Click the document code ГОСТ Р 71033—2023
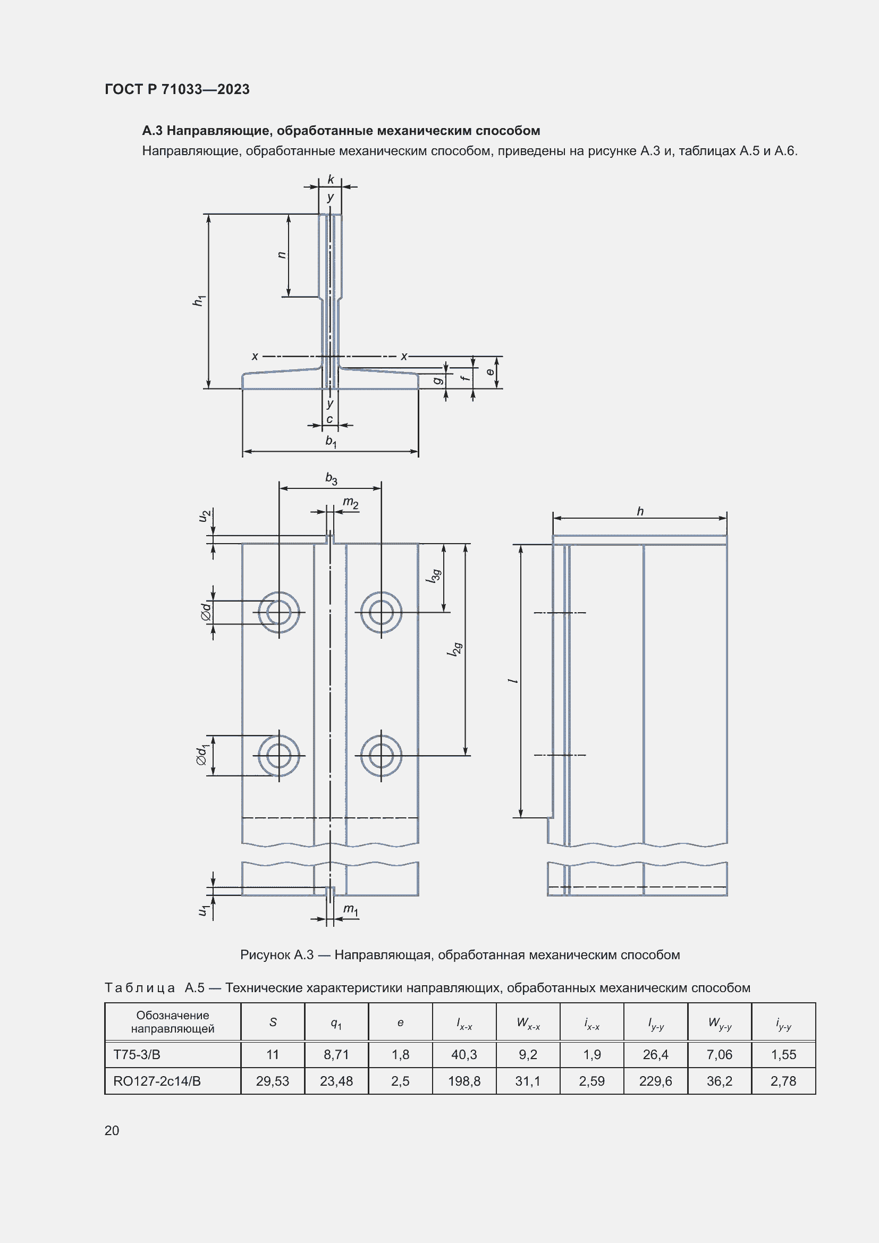(177, 89)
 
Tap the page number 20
(112, 1130)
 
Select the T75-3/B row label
(137, 1054)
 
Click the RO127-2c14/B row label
(157, 1081)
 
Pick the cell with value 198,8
(464, 1081)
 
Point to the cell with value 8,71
(336, 1054)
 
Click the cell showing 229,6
(655, 1081)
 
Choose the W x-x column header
(528, 1023)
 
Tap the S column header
(273, 1022)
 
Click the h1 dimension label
(199, 300)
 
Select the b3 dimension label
(331, 479)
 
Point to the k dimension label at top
(331, 179)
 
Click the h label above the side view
(640, 511)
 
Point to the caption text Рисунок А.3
(276, 954)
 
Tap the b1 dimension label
(331, 442)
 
